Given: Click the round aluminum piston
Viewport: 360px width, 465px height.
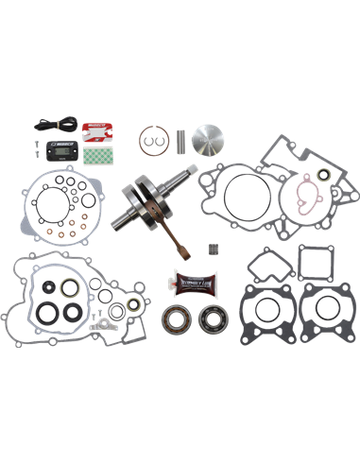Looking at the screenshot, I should [210, 139].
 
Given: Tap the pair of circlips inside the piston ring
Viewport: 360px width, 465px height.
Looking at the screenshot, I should [149, 140].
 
